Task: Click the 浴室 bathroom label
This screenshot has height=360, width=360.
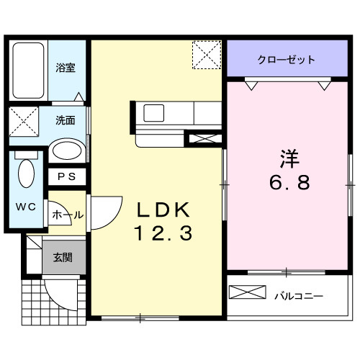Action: point(66,68)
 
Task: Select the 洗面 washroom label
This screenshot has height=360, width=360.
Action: point(66,121)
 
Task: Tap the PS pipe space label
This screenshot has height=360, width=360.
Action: point(66,176)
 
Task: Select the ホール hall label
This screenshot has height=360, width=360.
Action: point(68,215)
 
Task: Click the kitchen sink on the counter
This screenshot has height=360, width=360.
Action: point(154,113)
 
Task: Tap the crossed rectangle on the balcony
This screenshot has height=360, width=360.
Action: point(248,294)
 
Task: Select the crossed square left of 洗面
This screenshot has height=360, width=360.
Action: point(24,120)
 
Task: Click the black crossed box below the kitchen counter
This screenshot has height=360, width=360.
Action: point(200,137)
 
